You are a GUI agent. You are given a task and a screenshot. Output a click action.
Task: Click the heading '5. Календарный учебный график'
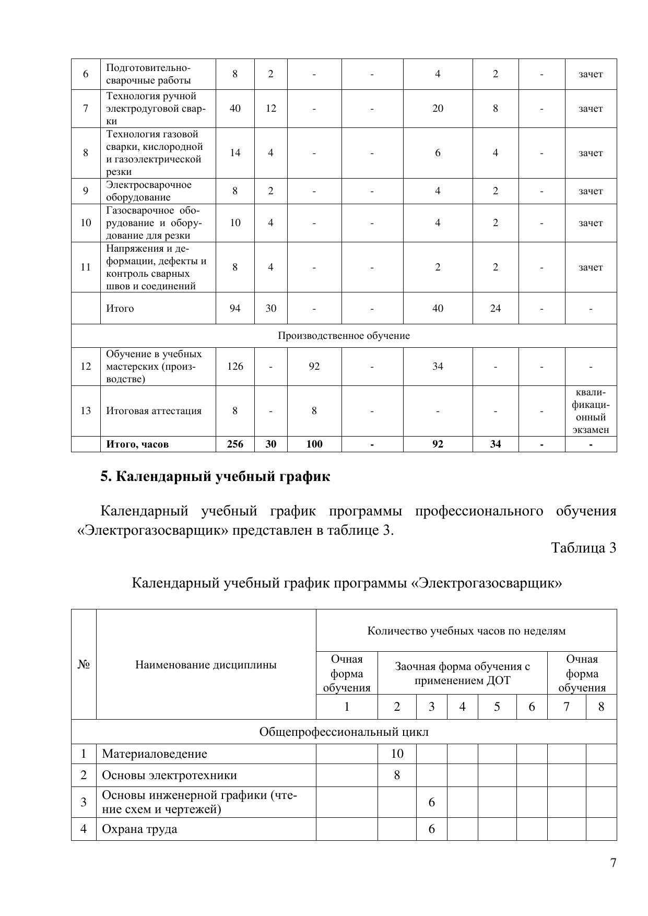pos(215,476)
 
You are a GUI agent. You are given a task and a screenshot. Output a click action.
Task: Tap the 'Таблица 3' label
pos(584,548)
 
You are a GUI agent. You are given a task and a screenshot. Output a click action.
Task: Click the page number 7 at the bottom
pos(613,862)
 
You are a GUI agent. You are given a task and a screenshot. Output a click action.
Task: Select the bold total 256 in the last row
pos(235,444)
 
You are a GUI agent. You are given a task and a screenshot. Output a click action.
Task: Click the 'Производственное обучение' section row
pos(344,336)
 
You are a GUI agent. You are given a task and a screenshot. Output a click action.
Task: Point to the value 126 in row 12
pos(235,366)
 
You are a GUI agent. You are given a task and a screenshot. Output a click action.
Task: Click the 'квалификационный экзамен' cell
pos(591,411)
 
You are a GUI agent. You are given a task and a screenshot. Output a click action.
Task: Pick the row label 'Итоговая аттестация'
pos(154,410)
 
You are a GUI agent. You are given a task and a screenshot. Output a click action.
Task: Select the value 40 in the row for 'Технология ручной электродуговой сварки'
pos(235,108)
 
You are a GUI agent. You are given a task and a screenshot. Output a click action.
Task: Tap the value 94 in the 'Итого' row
pos(235,308)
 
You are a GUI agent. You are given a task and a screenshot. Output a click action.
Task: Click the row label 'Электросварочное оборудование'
pos(149,191)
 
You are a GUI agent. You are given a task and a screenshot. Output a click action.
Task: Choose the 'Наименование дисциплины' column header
pos(206,665)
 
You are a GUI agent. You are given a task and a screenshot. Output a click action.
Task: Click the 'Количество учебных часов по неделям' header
pos(466,631)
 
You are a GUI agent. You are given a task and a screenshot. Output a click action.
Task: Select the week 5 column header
pos(497,707)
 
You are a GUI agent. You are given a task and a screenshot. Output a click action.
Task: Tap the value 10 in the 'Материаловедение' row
pos(397,753)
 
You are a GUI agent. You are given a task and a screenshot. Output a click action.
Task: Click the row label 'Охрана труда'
pos(139,829)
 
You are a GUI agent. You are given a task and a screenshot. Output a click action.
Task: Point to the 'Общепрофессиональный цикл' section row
pos(344,732)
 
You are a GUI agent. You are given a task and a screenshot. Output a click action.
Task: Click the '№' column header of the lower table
pos(84,665)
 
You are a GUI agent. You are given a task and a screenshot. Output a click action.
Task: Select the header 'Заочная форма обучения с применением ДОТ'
pos(462,673)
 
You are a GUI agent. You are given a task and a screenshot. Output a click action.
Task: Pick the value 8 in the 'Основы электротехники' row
pos(397,775)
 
